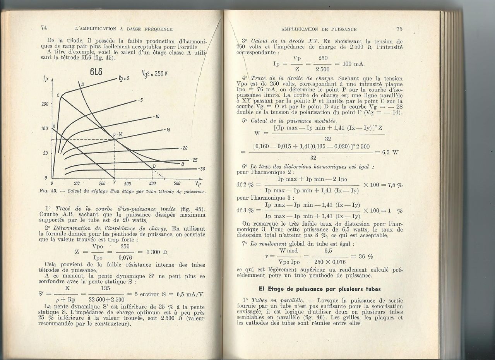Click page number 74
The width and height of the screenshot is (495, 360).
tap(43, 27)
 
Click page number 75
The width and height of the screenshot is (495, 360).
tap(399, 29)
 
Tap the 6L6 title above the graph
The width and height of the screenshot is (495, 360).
tap(96, 72)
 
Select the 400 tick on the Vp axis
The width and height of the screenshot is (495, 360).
tap(152, 183)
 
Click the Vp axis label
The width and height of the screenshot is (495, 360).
tap(198, 183)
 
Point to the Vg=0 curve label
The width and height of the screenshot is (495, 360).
tap(124, 78)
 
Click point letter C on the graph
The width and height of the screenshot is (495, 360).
tap(58, 95)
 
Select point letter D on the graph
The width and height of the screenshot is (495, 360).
tap(154, 166)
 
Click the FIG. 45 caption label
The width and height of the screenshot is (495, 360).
tap(48, 192)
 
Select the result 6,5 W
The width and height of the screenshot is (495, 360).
tap(390, 152)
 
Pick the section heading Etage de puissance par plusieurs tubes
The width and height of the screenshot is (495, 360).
tap(319, 289)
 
